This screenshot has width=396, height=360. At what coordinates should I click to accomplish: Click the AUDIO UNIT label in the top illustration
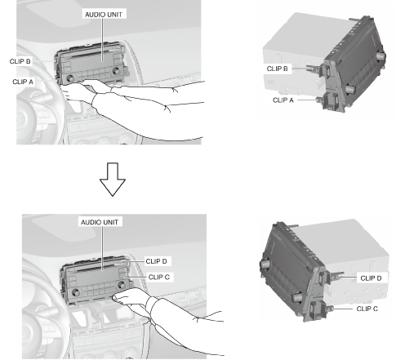coord(104,15)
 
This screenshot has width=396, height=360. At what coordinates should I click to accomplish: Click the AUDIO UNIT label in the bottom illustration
coord(100,222)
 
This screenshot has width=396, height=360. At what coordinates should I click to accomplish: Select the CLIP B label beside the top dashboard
coord(20,61)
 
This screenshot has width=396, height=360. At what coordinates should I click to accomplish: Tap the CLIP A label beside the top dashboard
coord(23,82)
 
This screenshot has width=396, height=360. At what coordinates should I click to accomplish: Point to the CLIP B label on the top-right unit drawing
coord(278,69)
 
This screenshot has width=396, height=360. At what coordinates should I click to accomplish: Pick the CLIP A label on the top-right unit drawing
coord(283,100)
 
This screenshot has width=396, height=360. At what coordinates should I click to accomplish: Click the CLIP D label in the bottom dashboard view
coord(157,261)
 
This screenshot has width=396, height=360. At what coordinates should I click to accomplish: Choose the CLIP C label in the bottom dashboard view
coord(159,277)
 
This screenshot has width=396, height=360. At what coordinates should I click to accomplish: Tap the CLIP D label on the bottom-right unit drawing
coord(371,278)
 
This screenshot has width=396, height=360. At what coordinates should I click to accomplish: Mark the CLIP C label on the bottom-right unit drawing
coord(367,309)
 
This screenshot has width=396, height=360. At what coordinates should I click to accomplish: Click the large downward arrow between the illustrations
coord(113,180)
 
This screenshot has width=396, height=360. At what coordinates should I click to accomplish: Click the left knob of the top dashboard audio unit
coord(70,78)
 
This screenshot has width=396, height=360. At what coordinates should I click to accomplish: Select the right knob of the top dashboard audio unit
coord(116,71)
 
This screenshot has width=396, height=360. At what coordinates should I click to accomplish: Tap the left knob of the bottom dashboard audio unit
coord(76,292)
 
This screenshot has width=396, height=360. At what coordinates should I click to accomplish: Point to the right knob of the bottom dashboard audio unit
coord(121,285)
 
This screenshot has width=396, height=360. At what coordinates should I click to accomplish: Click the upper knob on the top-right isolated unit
coord(380,56)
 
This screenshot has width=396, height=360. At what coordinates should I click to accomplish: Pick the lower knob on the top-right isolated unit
coord(350,88)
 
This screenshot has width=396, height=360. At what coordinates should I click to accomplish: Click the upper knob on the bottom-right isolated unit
coord(265,264)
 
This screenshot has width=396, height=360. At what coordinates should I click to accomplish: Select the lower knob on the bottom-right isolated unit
coord(296,297)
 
